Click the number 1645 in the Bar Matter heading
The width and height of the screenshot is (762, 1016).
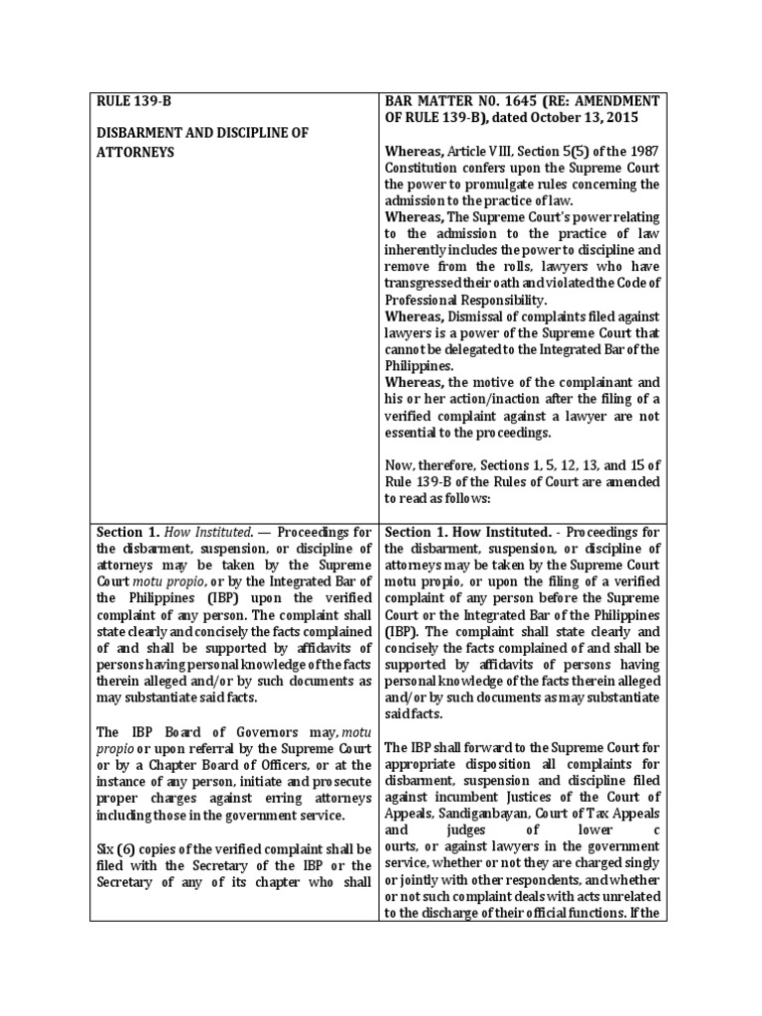point(523,101)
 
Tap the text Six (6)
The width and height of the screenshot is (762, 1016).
point(117,849)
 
